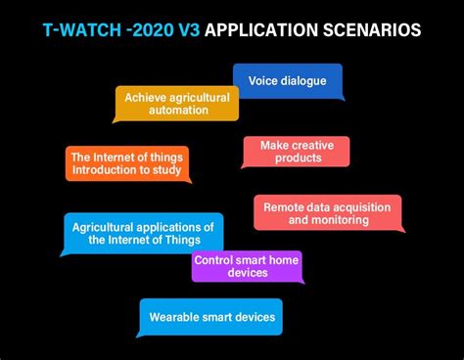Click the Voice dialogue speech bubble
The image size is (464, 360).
click(x=287, y=80)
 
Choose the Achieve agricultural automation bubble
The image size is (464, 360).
click(x=176, y=104)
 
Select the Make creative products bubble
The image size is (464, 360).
click(x=296, y=152)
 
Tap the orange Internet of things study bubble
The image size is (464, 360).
click(x=126, y=163)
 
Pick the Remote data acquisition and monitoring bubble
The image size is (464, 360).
click(x=327, y=213)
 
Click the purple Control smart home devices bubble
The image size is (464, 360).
click(x=246, y=266)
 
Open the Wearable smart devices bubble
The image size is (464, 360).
click(x=210, y=317)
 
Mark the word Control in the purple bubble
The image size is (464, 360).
click(x=212, y=259)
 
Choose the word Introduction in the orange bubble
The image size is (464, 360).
click(x=103, y=170)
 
